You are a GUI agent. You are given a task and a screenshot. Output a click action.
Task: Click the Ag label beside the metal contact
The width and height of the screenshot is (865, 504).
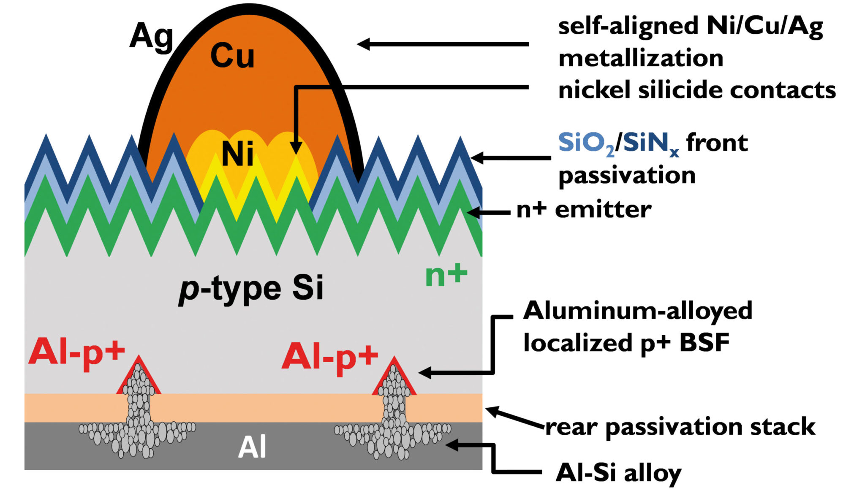pyautogui.click(x=151, y=37)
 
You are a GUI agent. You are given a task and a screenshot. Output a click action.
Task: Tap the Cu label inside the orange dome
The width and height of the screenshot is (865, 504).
pyautogui.click(x=232, y=56)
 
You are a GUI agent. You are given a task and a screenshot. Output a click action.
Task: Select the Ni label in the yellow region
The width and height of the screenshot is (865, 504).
pyautogui.click(x=237, y=154)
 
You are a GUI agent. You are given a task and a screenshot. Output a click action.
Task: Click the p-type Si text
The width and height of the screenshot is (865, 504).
pyautogui.click(x=251, y=289)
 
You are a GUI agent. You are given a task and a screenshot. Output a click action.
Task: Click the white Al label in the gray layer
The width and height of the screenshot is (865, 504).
pyautogui.click(x=252, y=447)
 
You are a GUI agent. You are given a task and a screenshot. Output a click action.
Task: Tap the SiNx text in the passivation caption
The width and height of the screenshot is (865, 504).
pyautogui.click(x=650, y=144)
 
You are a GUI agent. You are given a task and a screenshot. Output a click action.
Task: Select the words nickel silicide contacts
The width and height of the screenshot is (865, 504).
pyautogui.click(x=697, y=90)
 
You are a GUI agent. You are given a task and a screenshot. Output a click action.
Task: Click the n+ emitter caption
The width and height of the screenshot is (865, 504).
pyautogui.click(x=584, y=210)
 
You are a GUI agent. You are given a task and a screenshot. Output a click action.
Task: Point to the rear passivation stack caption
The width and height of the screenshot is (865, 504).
pyautogui.click(x=680, y=427)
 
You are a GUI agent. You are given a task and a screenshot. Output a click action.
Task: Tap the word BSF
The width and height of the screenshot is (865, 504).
pyautogui.click(x=705, y=343)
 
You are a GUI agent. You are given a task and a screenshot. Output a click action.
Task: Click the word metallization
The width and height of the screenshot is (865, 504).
pyautogui.click(x=641, y=58)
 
